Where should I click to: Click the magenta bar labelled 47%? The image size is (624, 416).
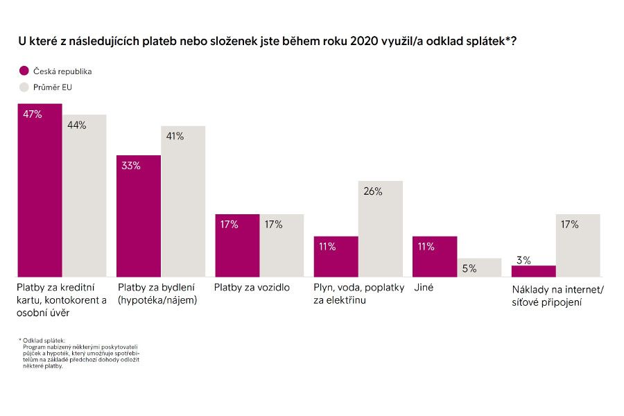click(x=40, y=191)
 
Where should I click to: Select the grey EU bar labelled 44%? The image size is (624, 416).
click(x=84, y=196)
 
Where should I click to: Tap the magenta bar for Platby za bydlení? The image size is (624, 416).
click(x=138, y=216)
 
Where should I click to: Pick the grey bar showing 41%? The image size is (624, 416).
click(x=183, y=202)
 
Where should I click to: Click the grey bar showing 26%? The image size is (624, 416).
click(x=380, y=229)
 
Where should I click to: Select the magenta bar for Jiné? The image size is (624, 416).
click(x=434, y=257)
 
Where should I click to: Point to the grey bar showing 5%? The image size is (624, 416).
click(x=478, y=268)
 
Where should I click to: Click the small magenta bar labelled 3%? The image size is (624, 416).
click(x=533, y=271)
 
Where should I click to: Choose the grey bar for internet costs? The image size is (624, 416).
click(x=578, y=245)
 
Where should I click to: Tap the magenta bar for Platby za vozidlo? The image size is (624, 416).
click(x=237, y=245)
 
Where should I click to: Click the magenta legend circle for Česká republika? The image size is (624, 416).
click(x=24, y=71)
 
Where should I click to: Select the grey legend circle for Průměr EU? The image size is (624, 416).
click(x=24, y=87)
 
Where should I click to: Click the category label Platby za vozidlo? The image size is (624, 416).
click(x=252, y=287)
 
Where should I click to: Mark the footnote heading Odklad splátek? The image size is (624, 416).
click(x=44, y=340)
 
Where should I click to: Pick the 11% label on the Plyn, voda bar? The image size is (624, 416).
click(x=327, y=246)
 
